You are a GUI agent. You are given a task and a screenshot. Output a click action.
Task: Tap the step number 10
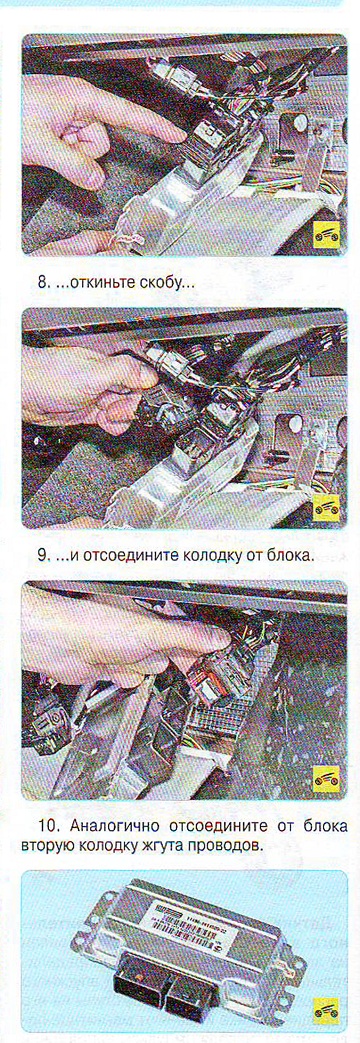click(48, 828)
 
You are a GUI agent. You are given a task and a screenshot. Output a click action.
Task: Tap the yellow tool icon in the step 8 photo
click(326, 234)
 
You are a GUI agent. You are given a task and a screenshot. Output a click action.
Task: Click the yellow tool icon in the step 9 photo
click(326, 508)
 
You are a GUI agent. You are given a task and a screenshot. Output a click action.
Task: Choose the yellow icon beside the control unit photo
click(326, 1010)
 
